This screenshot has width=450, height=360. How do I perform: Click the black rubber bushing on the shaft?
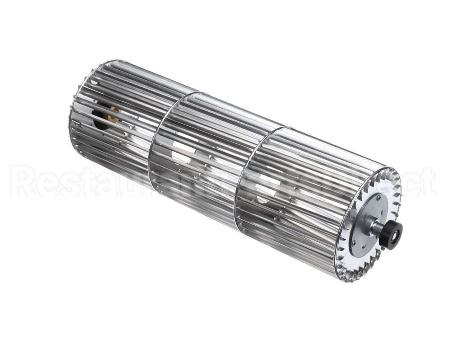tap(390, 235)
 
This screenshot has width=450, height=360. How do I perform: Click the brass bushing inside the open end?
tap(113, 114)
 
